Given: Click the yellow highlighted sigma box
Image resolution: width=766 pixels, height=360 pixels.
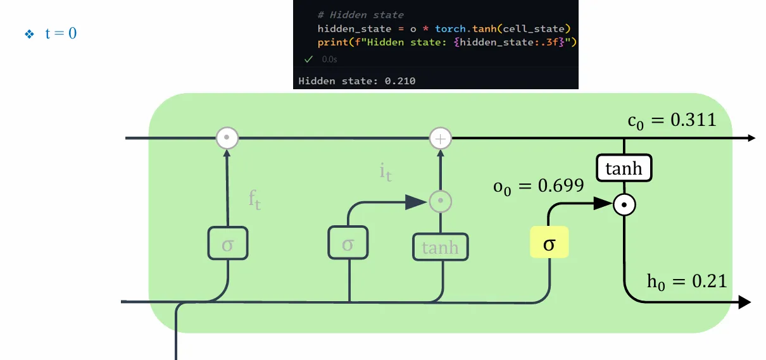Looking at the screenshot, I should [x=549, y=243].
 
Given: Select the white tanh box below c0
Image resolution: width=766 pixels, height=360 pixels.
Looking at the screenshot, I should [x=624, y=169].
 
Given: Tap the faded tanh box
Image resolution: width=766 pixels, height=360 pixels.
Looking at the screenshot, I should [x=440, y=247].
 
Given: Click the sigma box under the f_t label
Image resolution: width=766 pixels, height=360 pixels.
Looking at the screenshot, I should [x=227, y=244].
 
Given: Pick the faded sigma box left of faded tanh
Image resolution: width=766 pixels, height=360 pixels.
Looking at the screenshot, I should [x=348, y=243].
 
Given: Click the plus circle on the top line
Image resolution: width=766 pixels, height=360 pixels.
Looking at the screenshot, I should [x=441, y=138].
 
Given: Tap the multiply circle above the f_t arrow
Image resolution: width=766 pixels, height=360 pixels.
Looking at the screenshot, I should [x=227, y=137].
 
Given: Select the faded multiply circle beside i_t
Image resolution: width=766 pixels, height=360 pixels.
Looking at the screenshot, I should [x=441, y=201].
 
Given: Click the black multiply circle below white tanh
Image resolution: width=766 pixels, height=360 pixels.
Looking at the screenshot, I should [x=624, y=204].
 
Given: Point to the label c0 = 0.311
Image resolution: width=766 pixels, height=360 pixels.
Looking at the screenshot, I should [x=672, y=120].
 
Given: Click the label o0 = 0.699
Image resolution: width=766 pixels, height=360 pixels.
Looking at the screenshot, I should [x=537, y=186].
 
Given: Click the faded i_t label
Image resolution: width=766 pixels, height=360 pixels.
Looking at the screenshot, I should [x=386, y=171].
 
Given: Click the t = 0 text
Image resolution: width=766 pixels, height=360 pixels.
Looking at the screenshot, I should [x=61, y=34].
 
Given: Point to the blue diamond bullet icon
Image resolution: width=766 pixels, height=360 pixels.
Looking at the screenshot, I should [x=28, y=34].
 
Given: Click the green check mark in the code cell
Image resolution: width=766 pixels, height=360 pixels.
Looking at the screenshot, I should [x=308, y=59].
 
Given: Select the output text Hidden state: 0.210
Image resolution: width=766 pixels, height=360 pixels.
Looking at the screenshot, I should [x=357, y=80].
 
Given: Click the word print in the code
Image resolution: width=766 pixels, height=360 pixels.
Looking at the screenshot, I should [x=331, y=42].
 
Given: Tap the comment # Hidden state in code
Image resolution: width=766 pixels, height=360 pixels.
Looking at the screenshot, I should [x=361, y=15].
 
